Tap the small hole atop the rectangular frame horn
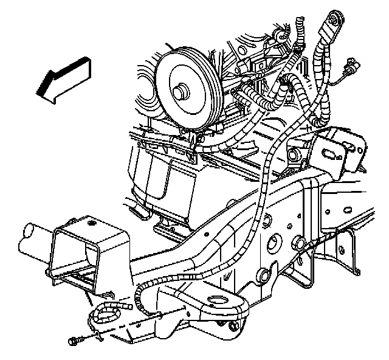tap(92, 223)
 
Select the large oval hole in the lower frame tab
tap(214, 300)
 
